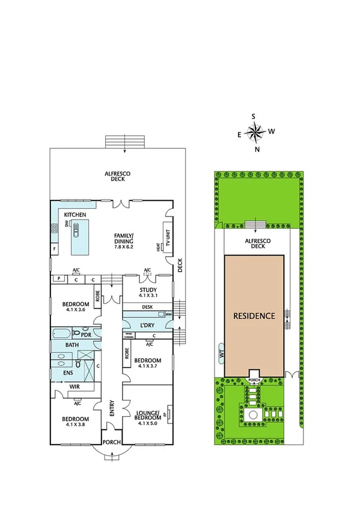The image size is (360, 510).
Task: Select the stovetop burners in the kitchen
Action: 53,227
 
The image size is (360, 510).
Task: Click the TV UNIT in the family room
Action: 168,237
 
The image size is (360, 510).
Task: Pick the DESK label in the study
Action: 147,307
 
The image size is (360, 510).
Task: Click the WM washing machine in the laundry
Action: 168,315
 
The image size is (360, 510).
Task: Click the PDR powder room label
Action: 85,335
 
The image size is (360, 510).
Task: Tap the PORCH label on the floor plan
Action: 112,442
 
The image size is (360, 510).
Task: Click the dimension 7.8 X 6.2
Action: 126,247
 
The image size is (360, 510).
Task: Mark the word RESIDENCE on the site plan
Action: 254,315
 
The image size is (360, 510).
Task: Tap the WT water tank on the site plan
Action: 221,355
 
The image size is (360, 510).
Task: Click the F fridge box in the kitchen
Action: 54,248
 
